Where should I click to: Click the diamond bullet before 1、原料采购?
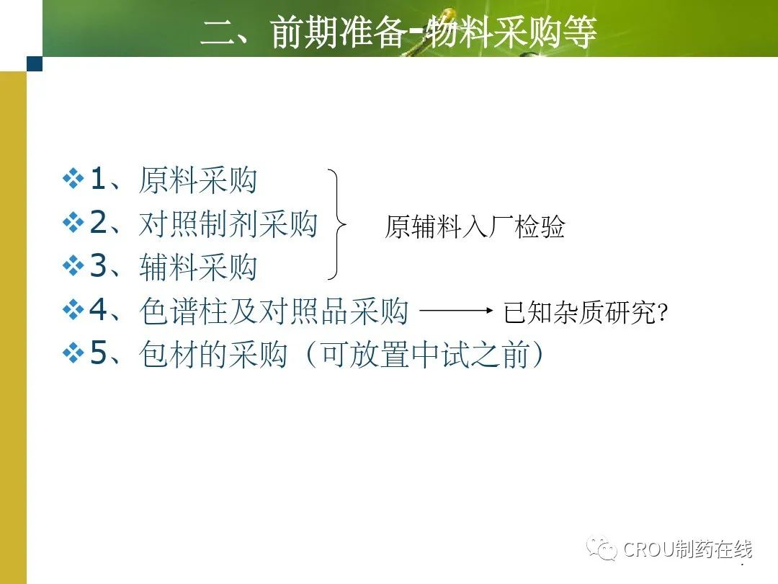(73, 179)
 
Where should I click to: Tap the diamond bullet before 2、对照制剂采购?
(73, 223)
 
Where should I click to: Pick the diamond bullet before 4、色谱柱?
(73, 310)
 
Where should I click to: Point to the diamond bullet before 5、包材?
(73, 353)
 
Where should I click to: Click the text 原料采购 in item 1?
(198, 180)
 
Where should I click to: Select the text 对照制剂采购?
(228, 224)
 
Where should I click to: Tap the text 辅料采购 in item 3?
(198, 267)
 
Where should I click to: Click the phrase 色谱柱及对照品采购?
(274, 311)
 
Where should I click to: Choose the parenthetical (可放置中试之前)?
(425, 355)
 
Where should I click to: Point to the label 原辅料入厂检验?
(475, 227)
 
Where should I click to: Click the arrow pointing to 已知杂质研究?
(456, 311)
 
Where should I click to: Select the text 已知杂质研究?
(586, 312)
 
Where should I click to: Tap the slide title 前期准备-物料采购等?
(434, 32)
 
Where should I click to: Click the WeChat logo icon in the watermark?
(602, 548)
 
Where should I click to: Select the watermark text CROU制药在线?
(688, 549)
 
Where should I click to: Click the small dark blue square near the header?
(35, 63)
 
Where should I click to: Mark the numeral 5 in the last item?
(98, 353)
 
